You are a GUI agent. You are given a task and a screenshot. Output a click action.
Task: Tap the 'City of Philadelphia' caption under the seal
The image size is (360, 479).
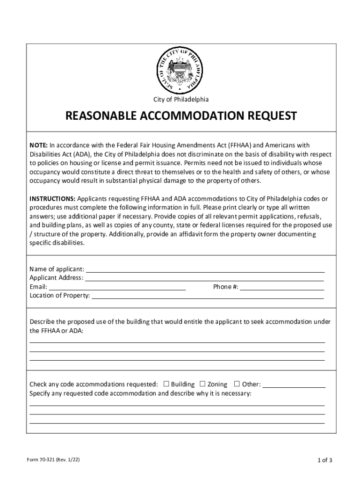(181, 100)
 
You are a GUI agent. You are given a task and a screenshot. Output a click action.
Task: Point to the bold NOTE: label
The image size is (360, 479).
(39, 145)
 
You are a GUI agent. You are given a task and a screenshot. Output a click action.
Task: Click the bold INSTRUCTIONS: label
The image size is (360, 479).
(53, 199)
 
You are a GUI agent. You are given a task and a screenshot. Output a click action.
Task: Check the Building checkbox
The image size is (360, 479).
(166, 384)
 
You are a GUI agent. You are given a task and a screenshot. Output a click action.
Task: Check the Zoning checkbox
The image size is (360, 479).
(202, 384)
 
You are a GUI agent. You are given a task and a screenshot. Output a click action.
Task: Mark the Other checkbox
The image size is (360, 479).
(237, 384)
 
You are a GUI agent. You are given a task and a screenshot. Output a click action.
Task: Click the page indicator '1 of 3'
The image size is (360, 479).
(324, 460)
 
